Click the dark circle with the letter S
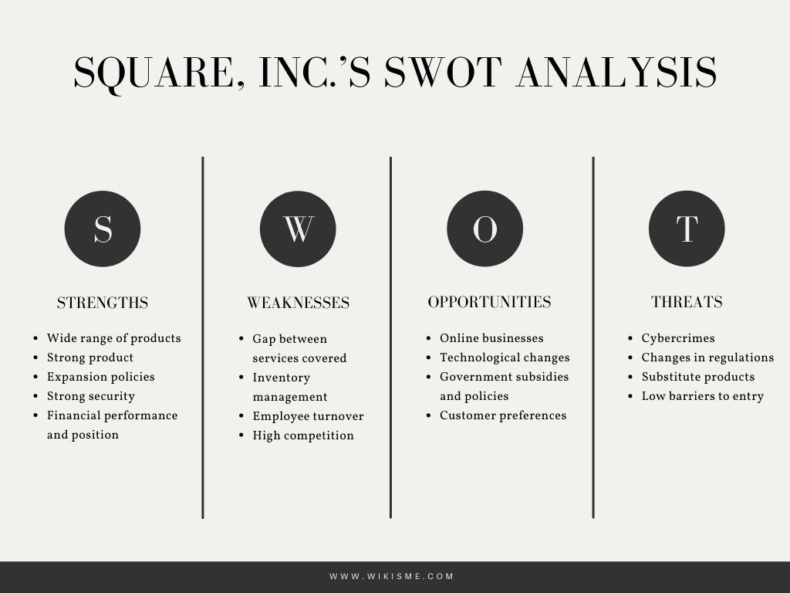(x=103, y=229)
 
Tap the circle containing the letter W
(x=298, y=229)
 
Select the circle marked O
(x=484, y=229)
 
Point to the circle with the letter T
(x=686, y=229)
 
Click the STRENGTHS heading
(x=103, y=303)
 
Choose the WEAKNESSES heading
(x=299, y=303)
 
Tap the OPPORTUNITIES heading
(x=489, y=302)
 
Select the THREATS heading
(x=687, y=302)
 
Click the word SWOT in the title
(x=444, y=72)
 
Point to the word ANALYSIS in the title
(x=616, y=72)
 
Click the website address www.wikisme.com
(x=392, y=576)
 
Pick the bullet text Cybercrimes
(x=678, y=338)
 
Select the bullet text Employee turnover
(x=308, y=416)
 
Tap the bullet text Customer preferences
(x=503, y=415)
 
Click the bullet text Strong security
(x=91, y=396)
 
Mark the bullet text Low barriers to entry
(x=702, y=396)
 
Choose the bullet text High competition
(x=303, y=435)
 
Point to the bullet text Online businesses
(x=491, y=338)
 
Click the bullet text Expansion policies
(x=101, y=377)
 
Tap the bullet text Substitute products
(x=697, y=377)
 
